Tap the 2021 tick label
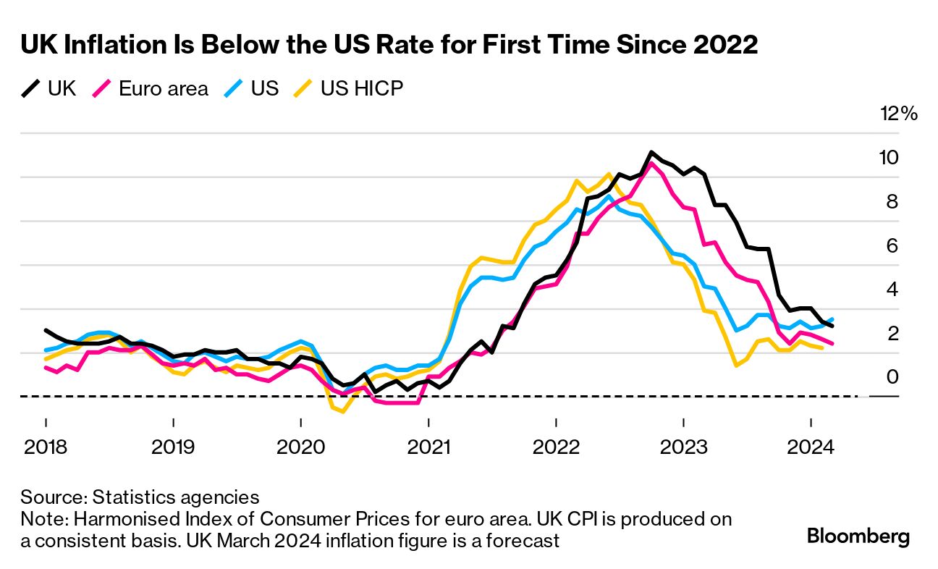pyautogui.click(x=428, y=447)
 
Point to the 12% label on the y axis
pyautogui.click(x=898, y=114)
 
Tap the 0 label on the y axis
pyautogui.click(x=892, y=377)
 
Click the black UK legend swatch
pyautogui.click(x=32, y=89)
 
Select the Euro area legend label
pyautogui.click(x=163, y=89)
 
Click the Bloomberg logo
pyautogui.click(x=858, y=536)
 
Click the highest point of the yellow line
pyautogui.click(x=609, y=174)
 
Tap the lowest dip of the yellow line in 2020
pyautogui.click(x=343, y=412)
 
